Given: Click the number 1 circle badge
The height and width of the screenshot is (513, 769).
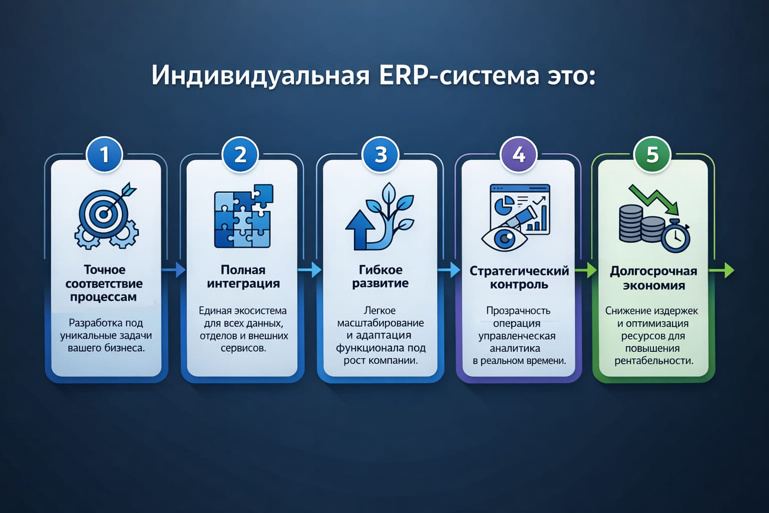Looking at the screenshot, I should [104, 155].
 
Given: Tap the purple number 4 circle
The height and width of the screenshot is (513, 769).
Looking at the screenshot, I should [519, 155].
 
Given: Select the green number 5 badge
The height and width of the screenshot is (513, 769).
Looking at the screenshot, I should [652, 155].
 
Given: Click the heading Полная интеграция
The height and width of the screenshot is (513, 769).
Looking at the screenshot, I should [243, 277].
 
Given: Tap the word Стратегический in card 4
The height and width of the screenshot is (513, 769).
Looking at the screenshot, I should [519, 271].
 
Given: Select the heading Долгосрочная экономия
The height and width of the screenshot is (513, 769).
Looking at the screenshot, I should [653, 278].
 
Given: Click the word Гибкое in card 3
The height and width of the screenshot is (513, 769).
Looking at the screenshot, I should [380, 270].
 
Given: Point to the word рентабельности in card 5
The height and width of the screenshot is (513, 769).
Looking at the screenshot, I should [653, 361].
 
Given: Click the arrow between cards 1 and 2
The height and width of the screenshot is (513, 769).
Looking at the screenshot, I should [174, 270].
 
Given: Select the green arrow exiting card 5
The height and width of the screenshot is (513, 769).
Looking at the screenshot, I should [723, 270].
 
